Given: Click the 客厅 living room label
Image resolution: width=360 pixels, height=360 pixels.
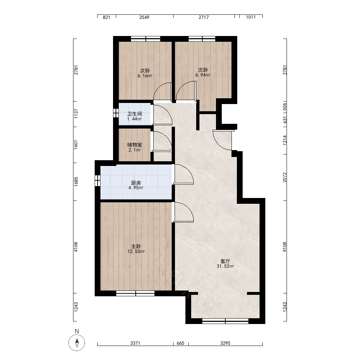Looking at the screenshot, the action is point(225,261).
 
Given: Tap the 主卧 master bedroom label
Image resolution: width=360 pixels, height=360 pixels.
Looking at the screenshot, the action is point(136,246).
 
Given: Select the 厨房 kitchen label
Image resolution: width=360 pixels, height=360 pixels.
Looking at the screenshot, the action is point(136,183).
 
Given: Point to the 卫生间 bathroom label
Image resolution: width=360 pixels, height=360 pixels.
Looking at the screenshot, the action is point(135,114).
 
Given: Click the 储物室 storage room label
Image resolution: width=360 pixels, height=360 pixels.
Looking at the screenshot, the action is point(135,145).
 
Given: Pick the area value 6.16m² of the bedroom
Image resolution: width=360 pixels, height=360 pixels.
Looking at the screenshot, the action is point(145,76).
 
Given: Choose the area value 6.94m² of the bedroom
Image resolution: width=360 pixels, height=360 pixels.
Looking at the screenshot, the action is point(203,75).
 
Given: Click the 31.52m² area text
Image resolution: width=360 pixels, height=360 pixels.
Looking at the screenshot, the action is point(225,266).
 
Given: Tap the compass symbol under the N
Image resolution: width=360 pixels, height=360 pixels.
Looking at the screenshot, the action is point(77,343).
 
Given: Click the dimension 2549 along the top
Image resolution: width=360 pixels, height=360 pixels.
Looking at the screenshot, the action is point(144,17).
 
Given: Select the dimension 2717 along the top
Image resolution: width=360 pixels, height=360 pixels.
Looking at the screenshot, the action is point(204,17).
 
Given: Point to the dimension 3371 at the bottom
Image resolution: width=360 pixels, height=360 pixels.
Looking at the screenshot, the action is point(135,343).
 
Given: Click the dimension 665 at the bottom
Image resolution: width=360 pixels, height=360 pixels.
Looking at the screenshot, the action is point(180,343).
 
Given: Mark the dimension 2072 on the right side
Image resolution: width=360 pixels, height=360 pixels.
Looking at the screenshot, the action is point(285,177).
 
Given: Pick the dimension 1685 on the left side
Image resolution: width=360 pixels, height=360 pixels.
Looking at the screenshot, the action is point(76,181).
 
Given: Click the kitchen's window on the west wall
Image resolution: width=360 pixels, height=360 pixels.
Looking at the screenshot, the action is point(98,181).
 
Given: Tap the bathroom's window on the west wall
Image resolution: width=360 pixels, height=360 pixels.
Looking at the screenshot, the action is point(116,113).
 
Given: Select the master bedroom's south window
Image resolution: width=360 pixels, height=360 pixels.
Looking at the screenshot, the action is point(135,293).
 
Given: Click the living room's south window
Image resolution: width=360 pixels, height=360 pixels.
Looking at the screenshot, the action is point(225,321).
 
